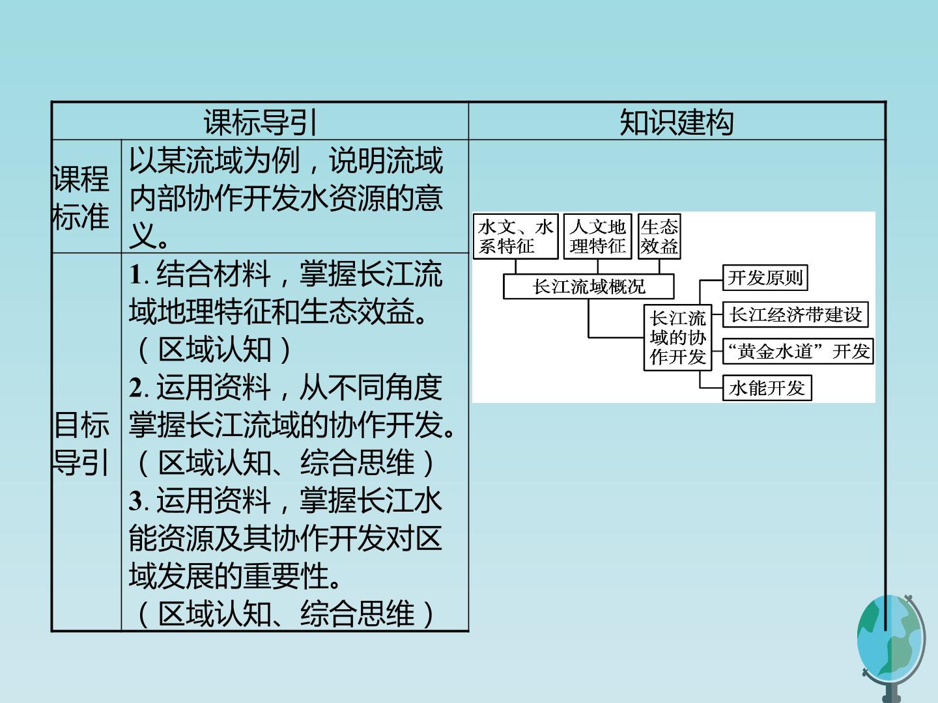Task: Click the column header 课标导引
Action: [260, 122]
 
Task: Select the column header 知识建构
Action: [677, 122]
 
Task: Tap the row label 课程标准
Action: [80, 198]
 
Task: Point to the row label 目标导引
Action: [81, 443]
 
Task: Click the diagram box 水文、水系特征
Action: [515, 236]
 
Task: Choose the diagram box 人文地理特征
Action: [597, 236]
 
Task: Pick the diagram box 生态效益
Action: [659, 236]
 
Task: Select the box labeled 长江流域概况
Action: [588, 286]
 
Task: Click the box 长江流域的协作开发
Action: [677, 338]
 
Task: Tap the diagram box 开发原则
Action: [765, 277]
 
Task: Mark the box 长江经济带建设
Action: [795, 314]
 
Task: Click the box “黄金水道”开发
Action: [798, 351]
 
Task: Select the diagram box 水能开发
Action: [767, 388]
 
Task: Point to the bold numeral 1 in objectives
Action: [135, 275]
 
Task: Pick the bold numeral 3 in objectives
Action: [136, 501]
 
